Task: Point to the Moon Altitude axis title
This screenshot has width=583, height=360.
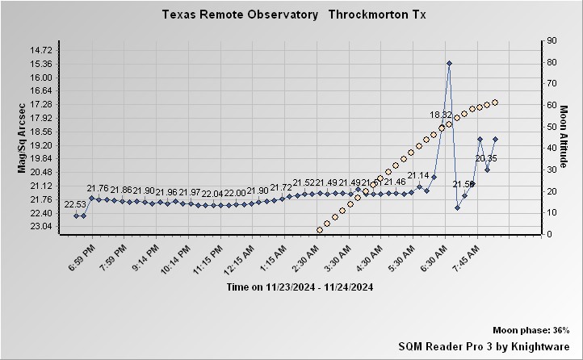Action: point(564,137)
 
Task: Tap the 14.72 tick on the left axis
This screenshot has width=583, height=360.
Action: point(40,50)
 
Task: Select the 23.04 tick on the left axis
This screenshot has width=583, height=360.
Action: point(40,226)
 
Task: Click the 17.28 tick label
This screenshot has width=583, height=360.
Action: point(40,104)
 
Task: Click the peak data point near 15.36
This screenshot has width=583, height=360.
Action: point(449,63)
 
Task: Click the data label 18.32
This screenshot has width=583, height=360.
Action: point(441,115)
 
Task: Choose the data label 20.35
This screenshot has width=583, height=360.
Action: point(486,158)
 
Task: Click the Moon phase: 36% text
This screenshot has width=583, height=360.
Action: point(531,330)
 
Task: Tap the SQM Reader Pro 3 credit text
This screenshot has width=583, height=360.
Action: point(484,345)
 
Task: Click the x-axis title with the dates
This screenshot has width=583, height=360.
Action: point(300,287)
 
